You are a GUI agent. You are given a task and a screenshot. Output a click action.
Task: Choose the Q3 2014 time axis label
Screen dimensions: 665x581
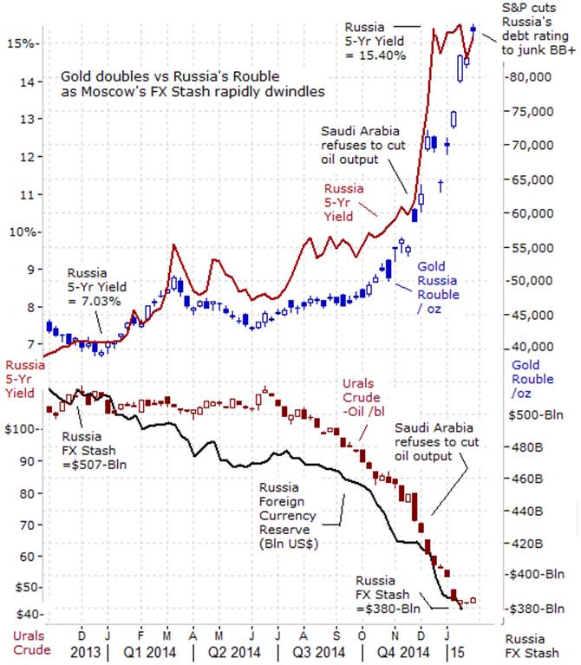point(317,650)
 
